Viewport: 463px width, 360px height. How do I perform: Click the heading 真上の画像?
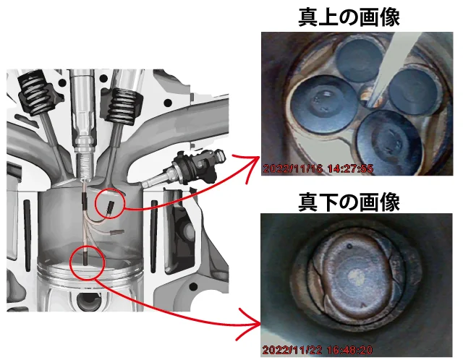coord(349,17)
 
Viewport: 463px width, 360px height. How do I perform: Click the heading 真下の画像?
coord(349,202)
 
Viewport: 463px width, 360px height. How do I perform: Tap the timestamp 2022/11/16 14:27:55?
coord(318,168)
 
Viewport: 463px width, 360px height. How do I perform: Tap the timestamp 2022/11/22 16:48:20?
coord(318,350)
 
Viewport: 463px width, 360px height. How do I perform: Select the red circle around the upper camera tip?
coord(95,204)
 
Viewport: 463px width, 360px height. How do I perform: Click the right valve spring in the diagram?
coord(122,106)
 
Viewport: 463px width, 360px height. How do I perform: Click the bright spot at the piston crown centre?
coord(355,276)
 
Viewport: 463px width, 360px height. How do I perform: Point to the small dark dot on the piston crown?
coord(349,246)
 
